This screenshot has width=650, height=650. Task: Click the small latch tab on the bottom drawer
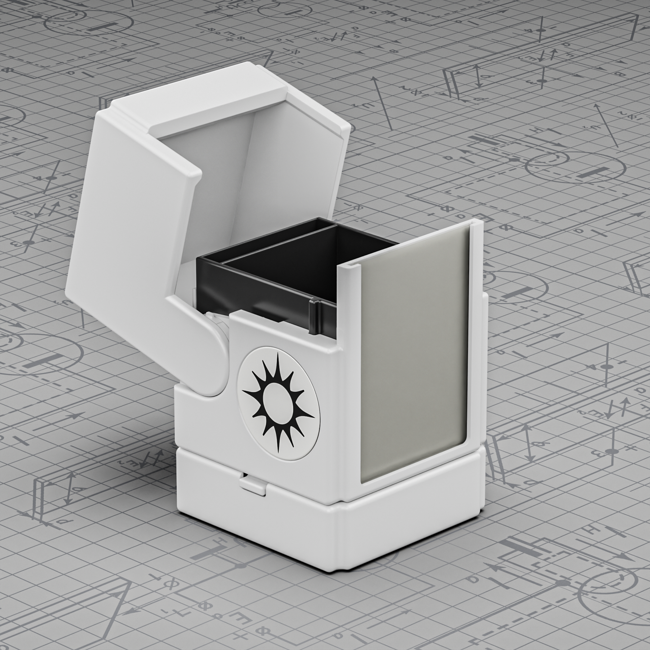[252, 483]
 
